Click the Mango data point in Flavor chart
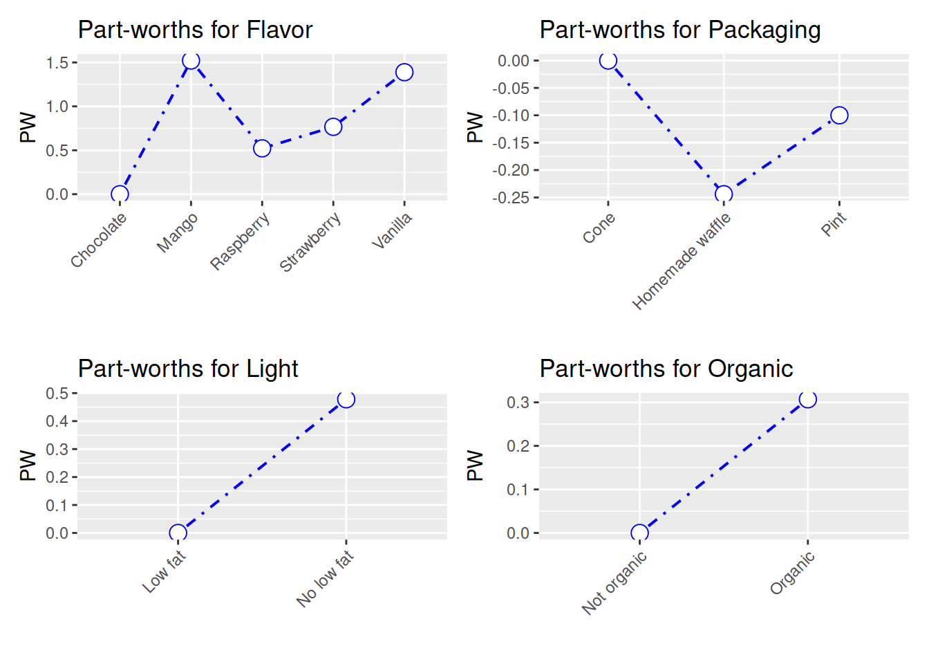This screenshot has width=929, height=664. [191, 61]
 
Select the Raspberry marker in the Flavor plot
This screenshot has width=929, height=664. [262, 148]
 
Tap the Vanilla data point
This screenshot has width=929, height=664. [404, 72]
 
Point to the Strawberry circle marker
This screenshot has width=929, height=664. [333, 127]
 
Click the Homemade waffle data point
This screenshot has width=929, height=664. [724, 194]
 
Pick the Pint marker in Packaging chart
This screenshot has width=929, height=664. [839, 115]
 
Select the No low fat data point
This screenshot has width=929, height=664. [346, 399]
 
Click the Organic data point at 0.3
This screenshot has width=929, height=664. [808, 399]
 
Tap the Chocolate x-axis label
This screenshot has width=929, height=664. [99, 240]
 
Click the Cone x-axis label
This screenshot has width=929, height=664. [599, 228]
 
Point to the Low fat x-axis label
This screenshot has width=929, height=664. [165, 571]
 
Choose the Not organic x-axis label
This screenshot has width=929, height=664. [614, 583]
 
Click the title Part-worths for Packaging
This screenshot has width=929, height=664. [680, 30]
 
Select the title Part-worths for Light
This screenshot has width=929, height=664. [188, 369]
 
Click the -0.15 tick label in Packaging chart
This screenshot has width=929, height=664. [511, 142]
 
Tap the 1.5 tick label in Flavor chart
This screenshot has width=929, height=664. [57, 63]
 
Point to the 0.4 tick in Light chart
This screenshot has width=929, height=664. [57, 421]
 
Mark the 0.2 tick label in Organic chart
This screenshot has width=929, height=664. [518, 445]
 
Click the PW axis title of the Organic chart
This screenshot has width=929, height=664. [475, 465]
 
